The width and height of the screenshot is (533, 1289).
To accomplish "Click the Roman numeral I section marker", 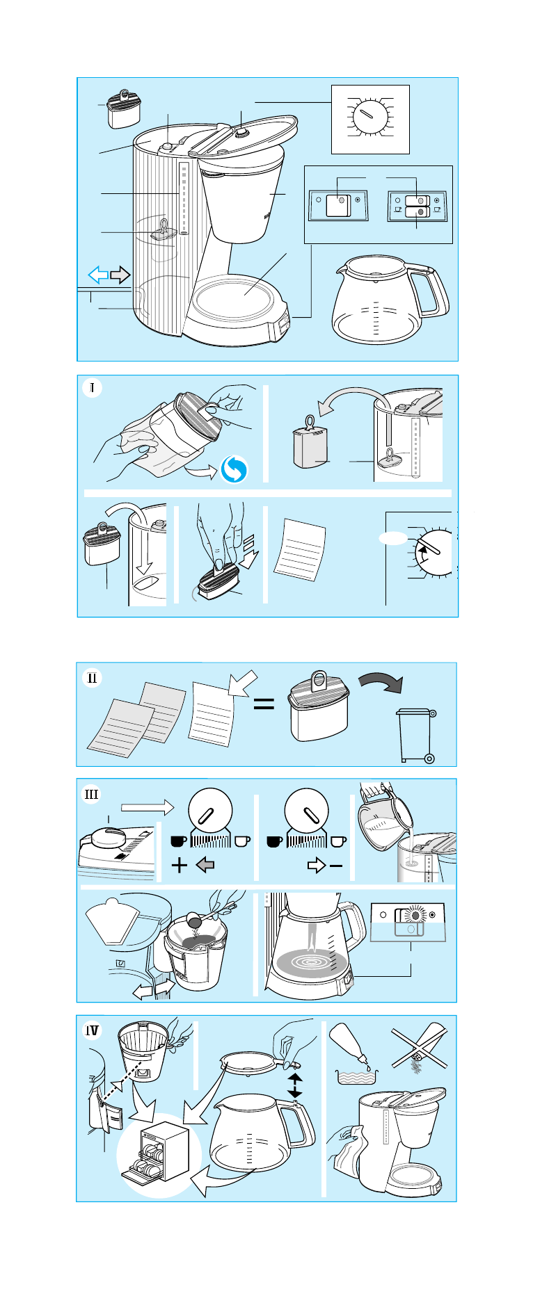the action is point(92,387).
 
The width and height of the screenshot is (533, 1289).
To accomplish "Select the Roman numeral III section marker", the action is point(92,794).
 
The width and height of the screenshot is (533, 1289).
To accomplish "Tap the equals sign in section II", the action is point(264,704).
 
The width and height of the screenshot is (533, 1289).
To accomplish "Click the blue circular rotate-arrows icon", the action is point(234,471).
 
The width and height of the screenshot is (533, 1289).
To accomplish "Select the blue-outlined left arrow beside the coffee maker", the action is point(99,275).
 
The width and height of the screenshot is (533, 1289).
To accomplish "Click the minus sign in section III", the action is point(336,866).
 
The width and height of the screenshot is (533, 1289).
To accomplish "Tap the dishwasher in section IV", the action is point(157,1152).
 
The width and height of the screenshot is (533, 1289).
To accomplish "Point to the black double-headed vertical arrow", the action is point(295,1085).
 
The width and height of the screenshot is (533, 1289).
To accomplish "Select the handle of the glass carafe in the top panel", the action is point(431,291).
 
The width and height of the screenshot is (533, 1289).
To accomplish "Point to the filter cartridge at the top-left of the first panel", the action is point(125,109).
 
